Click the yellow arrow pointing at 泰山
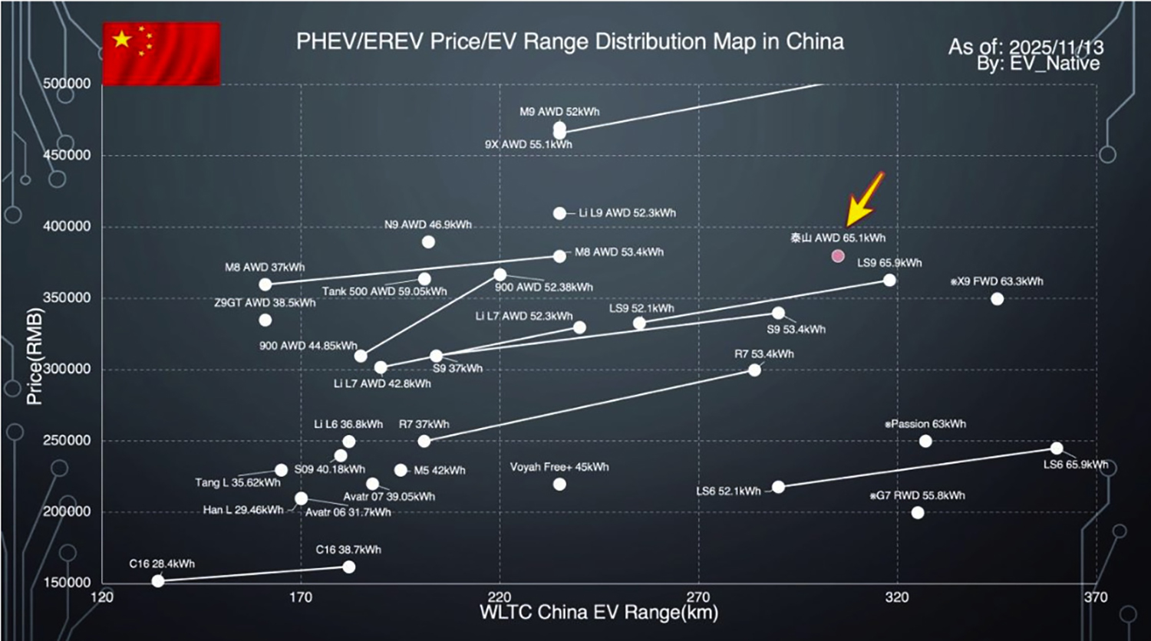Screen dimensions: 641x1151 [864, 199]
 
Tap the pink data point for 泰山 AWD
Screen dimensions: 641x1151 [838, 256]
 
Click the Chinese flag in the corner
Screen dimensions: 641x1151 [161, 53]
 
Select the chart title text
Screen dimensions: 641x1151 [569, 41]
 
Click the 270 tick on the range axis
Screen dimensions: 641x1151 [698, 597]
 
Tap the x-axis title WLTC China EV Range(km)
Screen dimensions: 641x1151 [599, 613]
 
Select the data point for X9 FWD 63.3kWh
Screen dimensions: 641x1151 [997, 299]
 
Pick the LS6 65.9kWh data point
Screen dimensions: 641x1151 [1057, 449]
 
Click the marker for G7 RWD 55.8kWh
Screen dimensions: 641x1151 [918, 512]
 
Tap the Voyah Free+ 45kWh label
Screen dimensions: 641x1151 [559, 467]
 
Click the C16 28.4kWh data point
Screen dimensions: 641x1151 [158, 581]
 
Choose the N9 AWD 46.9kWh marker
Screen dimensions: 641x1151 [428, 242]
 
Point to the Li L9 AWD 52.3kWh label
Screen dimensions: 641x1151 [627, 213]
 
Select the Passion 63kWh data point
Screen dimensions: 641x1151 [925, 441]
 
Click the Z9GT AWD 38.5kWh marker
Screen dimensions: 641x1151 [265, 320]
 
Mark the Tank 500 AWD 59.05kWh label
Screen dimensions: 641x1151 [384, 291]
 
